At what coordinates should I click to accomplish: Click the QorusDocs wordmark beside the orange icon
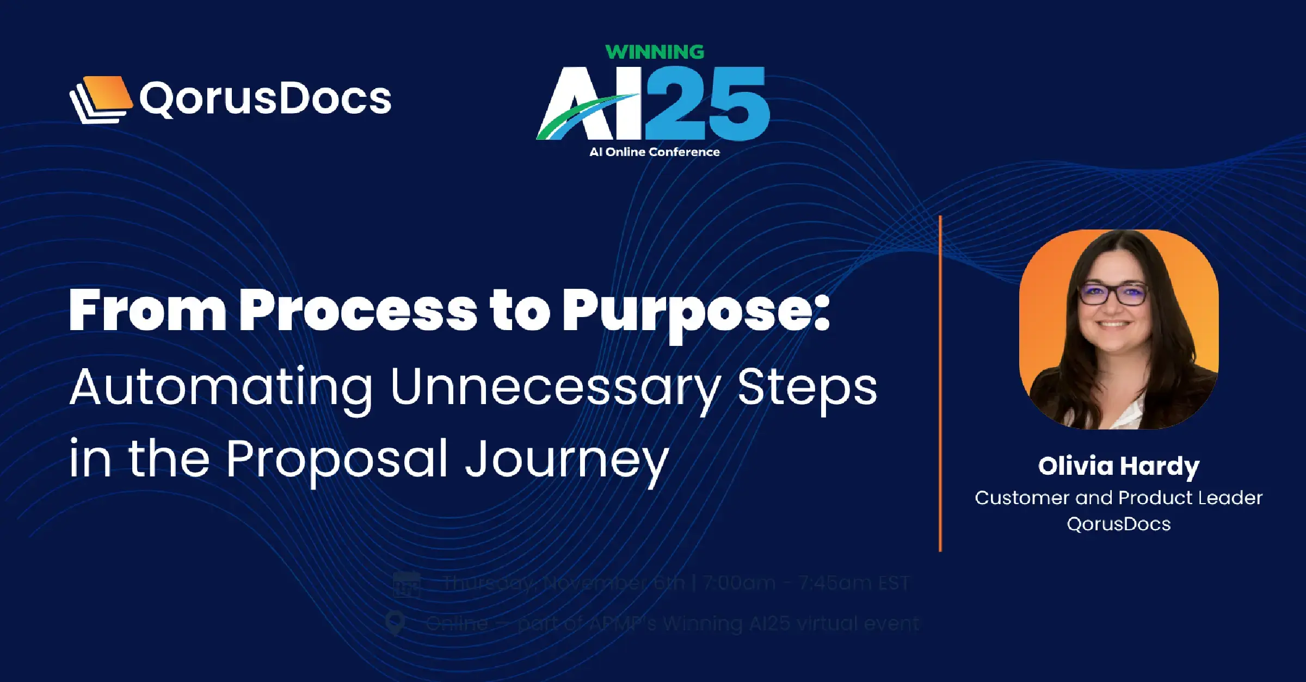click(x=265, y=99)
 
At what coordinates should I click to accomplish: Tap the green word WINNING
click(x=655, y=52)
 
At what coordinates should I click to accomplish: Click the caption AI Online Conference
click(x=655, y=152)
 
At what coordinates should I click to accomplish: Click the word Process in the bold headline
click(x=358, y=311)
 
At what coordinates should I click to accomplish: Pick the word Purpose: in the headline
click(x=695, y=311)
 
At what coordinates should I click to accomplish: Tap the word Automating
click(x=220, y=387)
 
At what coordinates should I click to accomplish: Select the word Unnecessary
click(x=555, y=387)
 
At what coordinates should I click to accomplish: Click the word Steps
click(x=807, y=387)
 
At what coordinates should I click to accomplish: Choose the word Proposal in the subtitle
click(x=336, y=460)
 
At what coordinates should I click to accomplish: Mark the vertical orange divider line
click(x=940, y=383)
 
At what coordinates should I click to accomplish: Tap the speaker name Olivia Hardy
click(x=1118, y=466)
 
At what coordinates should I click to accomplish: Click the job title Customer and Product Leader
click(x=1118, y=498)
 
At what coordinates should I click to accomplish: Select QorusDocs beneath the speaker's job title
click(x=1118, y=524)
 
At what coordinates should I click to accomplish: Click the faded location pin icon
click(x=395, y=623)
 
